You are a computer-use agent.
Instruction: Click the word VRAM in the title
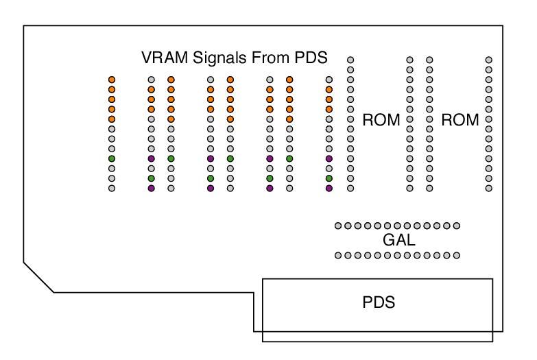[165, 57]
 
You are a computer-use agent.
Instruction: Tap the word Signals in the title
[219, 58]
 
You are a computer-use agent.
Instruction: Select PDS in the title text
[311, 57]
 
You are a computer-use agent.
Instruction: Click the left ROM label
[381, 120]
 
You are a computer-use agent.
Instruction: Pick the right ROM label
[460, 120]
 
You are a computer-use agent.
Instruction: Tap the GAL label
[399, 240]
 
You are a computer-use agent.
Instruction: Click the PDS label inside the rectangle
[379, 302]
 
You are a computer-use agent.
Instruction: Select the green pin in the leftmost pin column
[112, 158]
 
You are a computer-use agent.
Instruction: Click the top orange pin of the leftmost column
[112, 80]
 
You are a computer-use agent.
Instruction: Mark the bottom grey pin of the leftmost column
[112, 188]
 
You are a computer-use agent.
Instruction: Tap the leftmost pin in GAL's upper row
[338, 226]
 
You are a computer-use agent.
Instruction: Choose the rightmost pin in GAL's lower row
[457, 255]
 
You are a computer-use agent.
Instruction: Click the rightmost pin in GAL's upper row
[457, 226]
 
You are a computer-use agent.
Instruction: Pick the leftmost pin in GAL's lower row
[338, 255]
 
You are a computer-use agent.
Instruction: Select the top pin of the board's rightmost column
[489, 60]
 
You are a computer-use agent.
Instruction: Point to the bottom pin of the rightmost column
[489, 188]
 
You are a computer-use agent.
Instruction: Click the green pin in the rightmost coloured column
[329, 178]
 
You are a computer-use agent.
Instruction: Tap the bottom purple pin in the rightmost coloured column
[329, 188]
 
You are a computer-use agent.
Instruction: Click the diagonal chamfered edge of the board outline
[38, 278]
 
